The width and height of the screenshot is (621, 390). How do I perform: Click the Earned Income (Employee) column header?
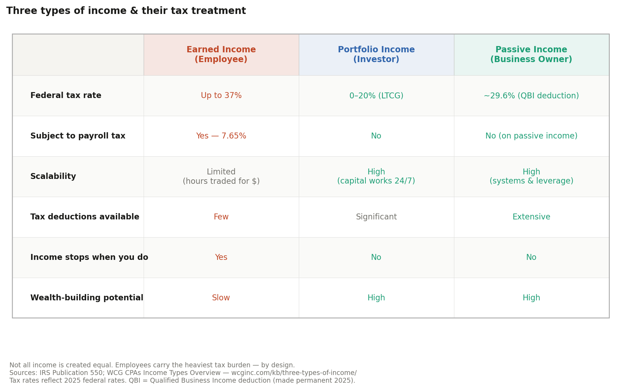pos(221,55)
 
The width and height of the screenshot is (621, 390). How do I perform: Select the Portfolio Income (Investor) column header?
pos(376,55)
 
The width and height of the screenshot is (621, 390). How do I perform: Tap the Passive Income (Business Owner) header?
pos(531,55)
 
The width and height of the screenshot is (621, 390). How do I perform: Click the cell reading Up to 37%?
pos(221,96)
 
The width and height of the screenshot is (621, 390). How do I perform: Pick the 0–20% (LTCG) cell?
pos(376,96)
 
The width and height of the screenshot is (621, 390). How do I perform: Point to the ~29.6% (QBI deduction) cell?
pos(531,96)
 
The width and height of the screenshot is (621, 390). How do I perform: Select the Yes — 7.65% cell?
pos(221,136)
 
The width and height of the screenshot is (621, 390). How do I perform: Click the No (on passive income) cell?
pos(531,136)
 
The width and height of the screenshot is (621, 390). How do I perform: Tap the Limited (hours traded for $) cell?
pos(221,177)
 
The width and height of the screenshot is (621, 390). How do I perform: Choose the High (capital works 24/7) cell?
pos(376,177)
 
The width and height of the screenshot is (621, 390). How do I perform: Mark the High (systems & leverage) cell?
pos(531,177)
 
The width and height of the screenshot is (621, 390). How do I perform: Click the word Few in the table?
pos(221,217)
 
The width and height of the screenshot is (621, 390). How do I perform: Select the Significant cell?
pos(376,217)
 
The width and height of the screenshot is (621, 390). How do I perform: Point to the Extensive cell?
pos(531,217)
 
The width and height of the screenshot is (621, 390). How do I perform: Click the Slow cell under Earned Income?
pos(221,298)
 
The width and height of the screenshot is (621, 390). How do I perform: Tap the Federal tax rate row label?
pos(66,96)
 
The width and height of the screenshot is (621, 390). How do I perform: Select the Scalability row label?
pos(53,177)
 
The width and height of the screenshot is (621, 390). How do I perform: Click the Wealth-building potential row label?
pos(87,298)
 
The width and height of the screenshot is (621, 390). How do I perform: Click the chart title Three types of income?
pos(126,11)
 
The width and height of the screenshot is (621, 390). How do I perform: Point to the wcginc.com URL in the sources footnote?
pos(294,373)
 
